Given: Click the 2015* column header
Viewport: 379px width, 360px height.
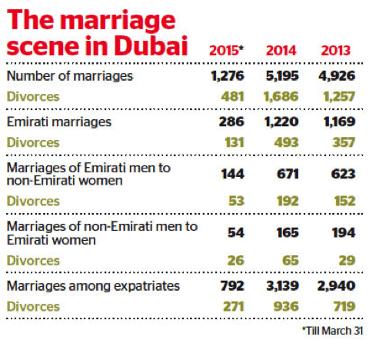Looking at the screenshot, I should tap(228, 52).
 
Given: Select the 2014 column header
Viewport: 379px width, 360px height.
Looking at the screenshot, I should tap(281, 52).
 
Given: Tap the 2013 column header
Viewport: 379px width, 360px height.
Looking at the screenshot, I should tap(336, 52).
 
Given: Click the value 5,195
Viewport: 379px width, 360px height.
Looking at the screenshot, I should tap(282, 76).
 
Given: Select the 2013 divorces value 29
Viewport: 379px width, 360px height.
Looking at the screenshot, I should tap(345, 262).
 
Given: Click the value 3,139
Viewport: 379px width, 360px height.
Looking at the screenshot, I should tap(282, 286).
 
